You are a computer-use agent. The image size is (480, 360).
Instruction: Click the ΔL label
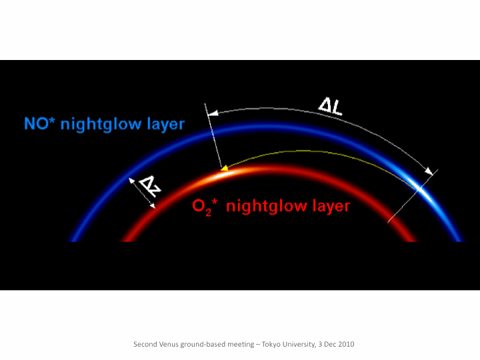[x=330, y=107]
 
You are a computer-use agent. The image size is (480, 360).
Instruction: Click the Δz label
[x=149, y=187]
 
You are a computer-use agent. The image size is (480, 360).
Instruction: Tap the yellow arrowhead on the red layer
[x=225, y=168]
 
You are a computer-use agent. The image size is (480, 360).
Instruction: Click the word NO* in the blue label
[x=39, y=123]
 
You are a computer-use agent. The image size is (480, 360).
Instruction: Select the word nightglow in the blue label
[x=101, y=125]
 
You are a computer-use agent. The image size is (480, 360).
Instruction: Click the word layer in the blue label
[x=165, y=125]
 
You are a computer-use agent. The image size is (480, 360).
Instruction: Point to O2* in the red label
[x=205, y=206]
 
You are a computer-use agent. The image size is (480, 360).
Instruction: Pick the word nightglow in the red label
[x=267, y=206]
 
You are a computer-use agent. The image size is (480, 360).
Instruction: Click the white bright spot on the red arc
[x=224, y=175]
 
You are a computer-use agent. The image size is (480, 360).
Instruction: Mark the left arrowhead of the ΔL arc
[x=213, y=113]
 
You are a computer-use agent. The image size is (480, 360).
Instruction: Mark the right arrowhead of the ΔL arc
[x=429, y=171]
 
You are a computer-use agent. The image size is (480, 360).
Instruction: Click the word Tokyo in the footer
[x=271, y=344]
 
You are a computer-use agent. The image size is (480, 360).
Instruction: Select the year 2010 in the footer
[x=346, y=344]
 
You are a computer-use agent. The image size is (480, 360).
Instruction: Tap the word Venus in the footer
[x=169, y=344]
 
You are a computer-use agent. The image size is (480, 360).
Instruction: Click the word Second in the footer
[x=145, y=344]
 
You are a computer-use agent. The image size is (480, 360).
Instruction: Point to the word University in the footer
[x=299, y=345]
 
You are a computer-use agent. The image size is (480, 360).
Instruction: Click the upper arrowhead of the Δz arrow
[x=131, y=181]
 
